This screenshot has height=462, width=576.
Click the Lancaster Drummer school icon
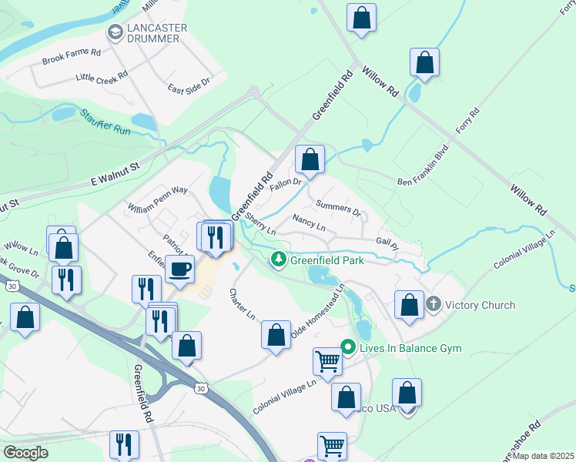coord(116,32)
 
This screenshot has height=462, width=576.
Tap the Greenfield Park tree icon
coord(279,260)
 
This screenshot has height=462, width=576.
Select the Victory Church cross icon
coord(435,305)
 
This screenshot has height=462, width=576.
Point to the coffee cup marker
coord(180,270)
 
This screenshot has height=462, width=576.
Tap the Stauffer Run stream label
coord(105,122)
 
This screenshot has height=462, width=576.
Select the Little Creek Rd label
coord(102,77)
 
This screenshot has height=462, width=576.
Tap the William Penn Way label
coord(158,199)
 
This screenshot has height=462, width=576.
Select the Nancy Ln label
coord(310,224)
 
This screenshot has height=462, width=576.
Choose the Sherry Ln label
coord(260,224)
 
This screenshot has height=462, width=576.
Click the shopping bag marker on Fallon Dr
coord(310,160)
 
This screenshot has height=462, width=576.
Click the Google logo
coord(25,453)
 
